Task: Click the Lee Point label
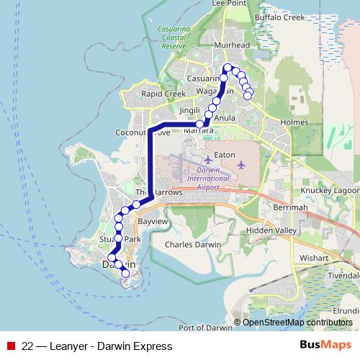tap(229, 4)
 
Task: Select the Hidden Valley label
tap(271, 230)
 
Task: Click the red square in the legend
tap(11, 346)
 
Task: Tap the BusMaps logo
tap(325, 346)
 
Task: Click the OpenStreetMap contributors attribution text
tap(297, 323)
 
